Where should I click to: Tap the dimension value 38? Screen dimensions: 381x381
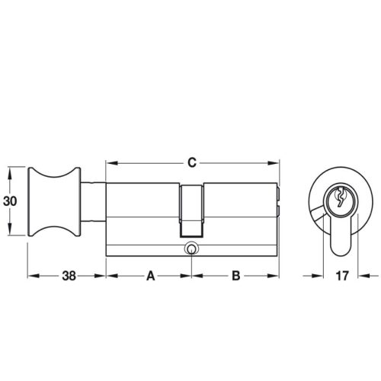[66, 277]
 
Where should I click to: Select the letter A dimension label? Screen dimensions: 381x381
[150, 277]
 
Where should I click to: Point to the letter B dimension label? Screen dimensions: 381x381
[235, 277]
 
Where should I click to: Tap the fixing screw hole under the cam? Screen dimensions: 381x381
[190, 248]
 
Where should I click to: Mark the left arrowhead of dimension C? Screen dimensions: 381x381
[109, 162]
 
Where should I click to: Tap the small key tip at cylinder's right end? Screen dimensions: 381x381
[280, 201]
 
